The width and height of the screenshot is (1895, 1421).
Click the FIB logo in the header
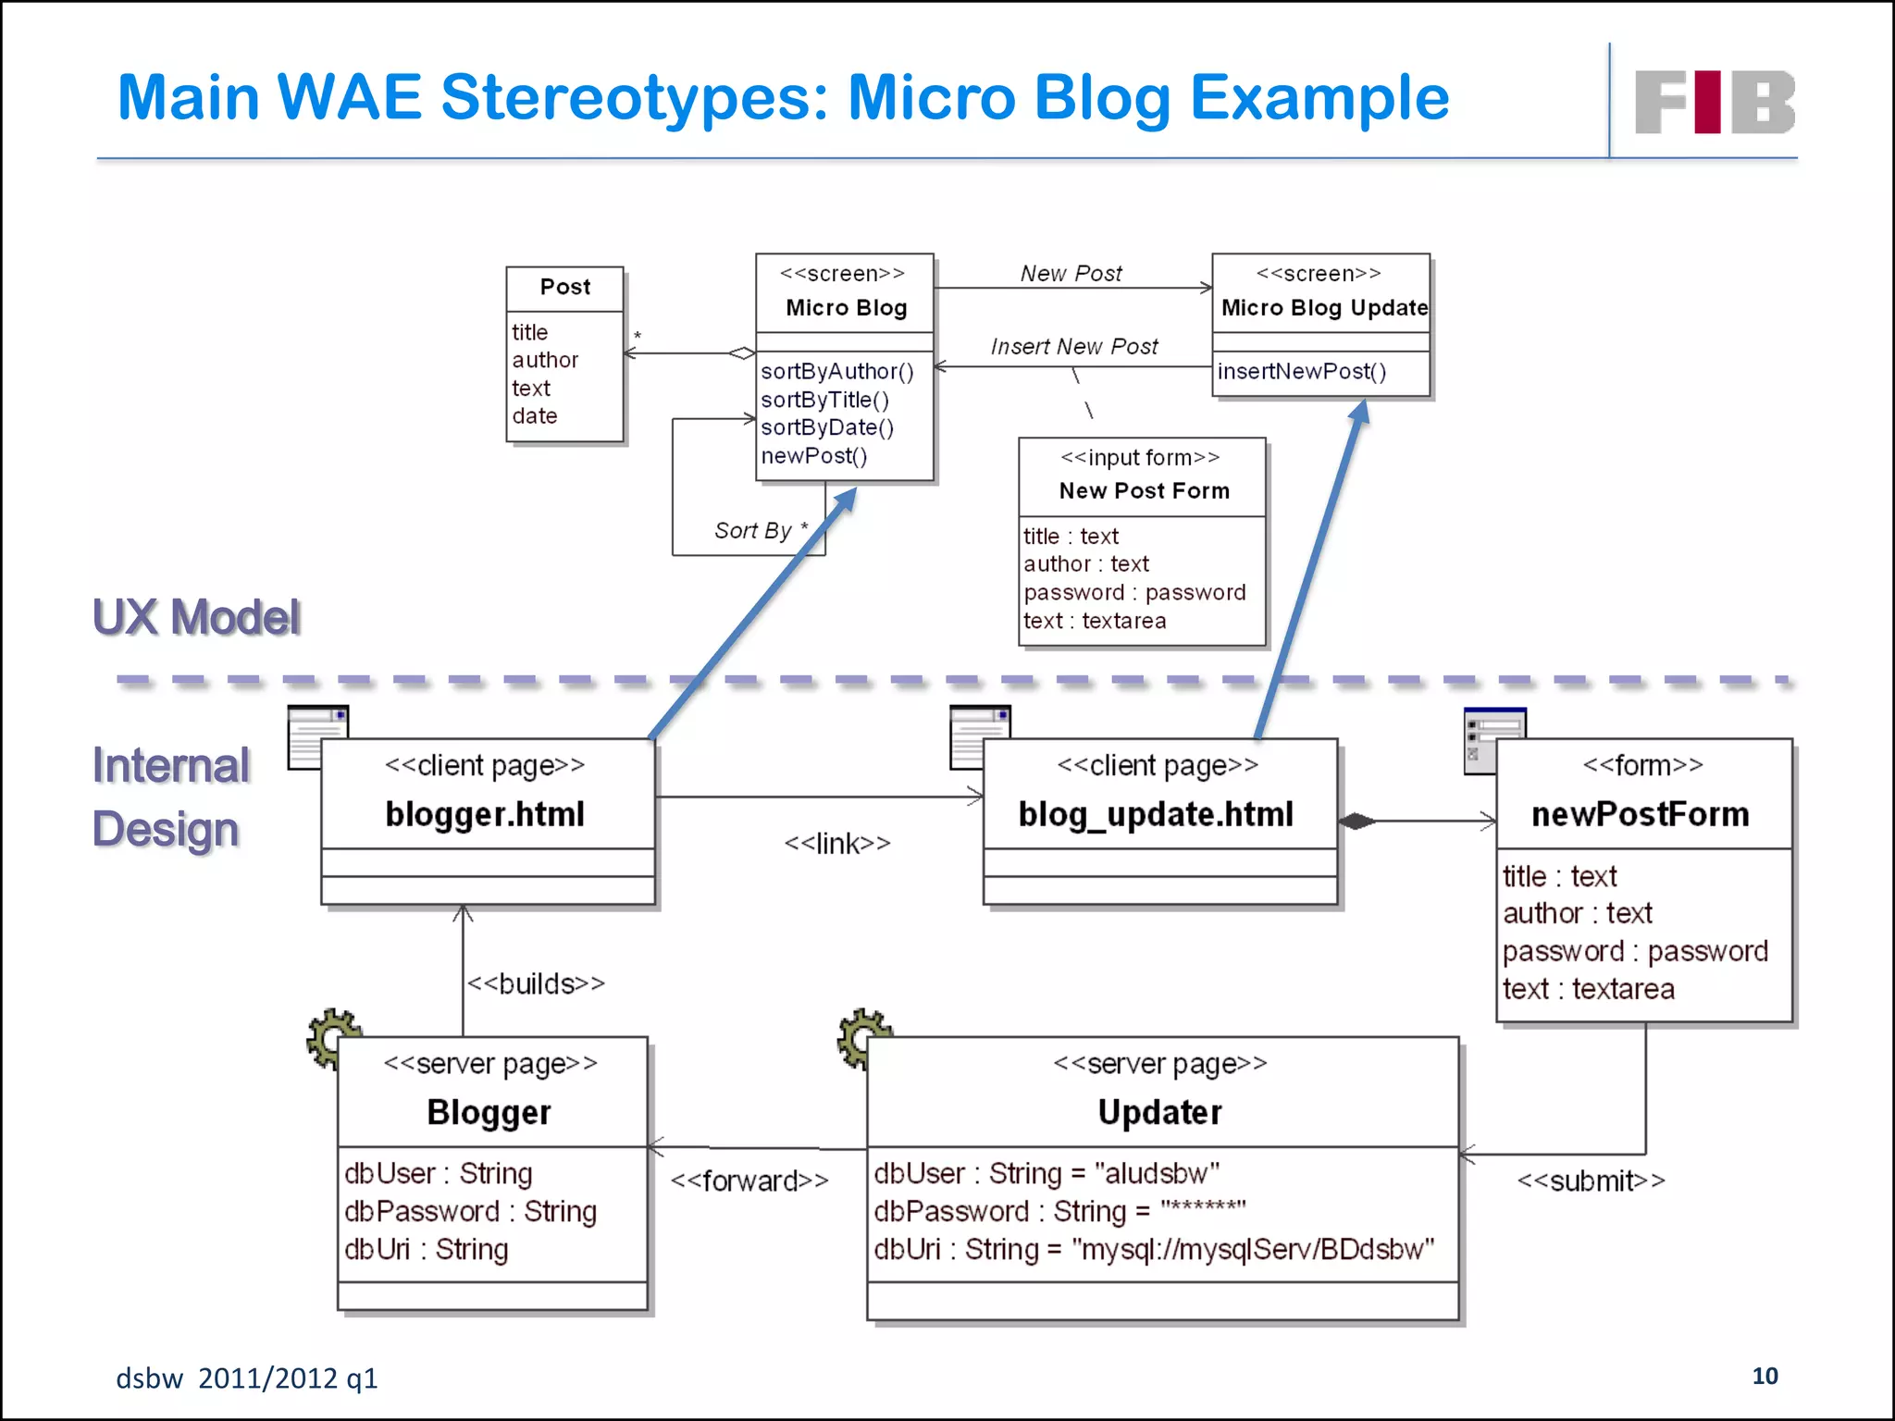click(x=1714, y=102)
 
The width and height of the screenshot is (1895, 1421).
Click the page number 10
click(x=1765, y=1376)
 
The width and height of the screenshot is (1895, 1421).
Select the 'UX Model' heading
click(x=196, y=617)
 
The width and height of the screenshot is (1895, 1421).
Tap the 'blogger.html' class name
click(x=485, y=814)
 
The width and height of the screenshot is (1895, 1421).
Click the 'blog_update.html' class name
click(x=1156, y=814)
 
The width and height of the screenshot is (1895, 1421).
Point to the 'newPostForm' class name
click(x=1640, y=814)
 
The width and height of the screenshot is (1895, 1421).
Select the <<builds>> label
click(x=536, y=983)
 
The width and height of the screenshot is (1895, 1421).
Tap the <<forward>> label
click(x=749, y=1180)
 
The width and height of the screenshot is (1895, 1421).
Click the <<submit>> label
click(x=1591, y=1180)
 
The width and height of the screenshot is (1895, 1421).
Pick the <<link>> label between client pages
click(x=837, y=843)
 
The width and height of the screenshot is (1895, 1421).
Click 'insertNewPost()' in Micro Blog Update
click(x=1302, y=371)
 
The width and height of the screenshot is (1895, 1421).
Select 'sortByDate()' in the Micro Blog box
click(x=827, y=427)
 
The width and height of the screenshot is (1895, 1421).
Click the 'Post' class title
click(x=565, y=287)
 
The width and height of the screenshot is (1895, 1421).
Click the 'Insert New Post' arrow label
click(x=1073, y=346)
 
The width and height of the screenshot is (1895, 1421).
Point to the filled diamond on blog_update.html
click(x=1356, y=821)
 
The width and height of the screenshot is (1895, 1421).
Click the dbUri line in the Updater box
click(x=1153, y=1249)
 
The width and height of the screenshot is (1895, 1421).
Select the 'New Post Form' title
click(x=1144, y=490)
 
